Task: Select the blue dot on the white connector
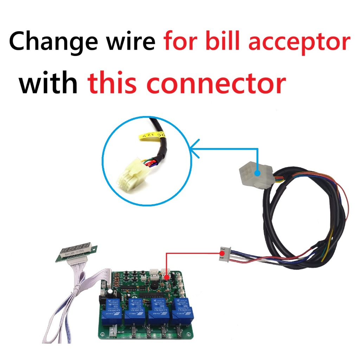coord(257,173)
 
